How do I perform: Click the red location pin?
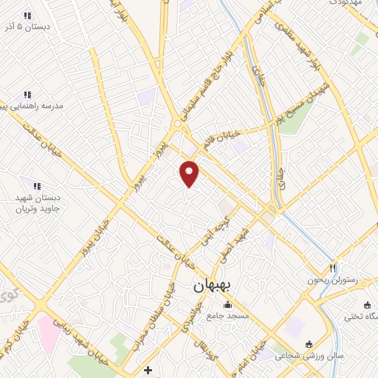190,173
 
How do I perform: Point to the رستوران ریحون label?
333,281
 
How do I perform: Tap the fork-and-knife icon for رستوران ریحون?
333,268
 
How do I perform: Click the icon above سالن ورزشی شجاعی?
309,344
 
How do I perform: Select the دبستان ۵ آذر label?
27,27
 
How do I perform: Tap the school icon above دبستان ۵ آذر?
27,16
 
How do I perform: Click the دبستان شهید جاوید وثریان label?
37,203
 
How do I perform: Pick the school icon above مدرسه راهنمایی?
27,94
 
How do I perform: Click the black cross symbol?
148,369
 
